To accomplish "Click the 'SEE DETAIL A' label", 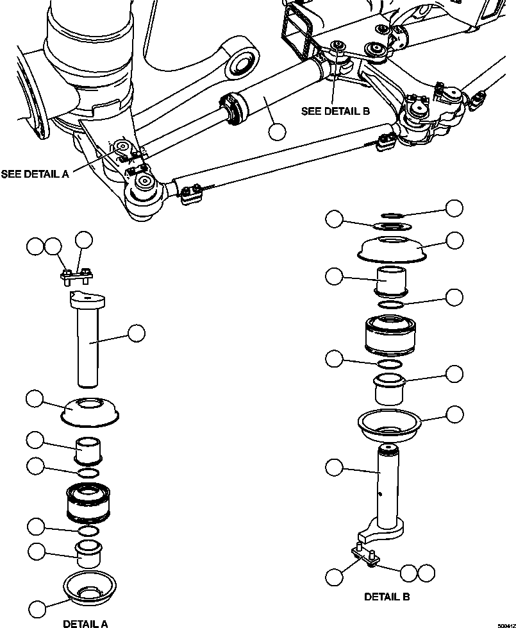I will (35, 174).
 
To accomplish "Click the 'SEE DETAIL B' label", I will (335, 110).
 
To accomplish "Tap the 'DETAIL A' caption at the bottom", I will (85, 622).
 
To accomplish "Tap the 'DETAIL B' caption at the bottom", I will (387, 597).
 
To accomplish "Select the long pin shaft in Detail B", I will (387, 488).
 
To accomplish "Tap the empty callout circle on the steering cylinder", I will (277, 132).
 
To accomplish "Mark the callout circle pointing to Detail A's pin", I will (136, 333).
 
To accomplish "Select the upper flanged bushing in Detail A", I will (88, 450).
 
